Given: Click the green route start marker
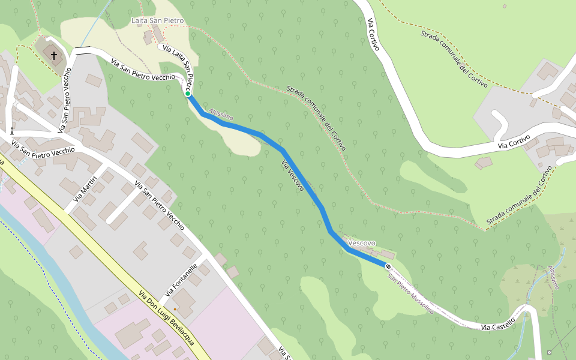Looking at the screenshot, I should click(x=188, y=94).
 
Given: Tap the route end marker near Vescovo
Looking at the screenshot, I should click(x=388, y=266).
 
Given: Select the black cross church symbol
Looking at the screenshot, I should click(x=54, y=56).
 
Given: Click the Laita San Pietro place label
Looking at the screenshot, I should click(x=157, y=21).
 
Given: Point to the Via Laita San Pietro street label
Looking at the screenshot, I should click(x=179, y=64).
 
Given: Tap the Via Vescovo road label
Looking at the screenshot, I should click(x=292, y=176).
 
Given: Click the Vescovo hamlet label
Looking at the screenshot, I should click(x=362, y=243).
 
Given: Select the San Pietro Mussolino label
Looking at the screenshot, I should click(x=410, y=294).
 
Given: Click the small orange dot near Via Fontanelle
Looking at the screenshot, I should click(x=175, y=309).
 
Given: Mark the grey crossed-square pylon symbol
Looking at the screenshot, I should click(x=550, y=352).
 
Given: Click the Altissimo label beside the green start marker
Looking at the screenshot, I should click(x=220, y=113).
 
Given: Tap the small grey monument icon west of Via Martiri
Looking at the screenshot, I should click(x=11, y=130).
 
